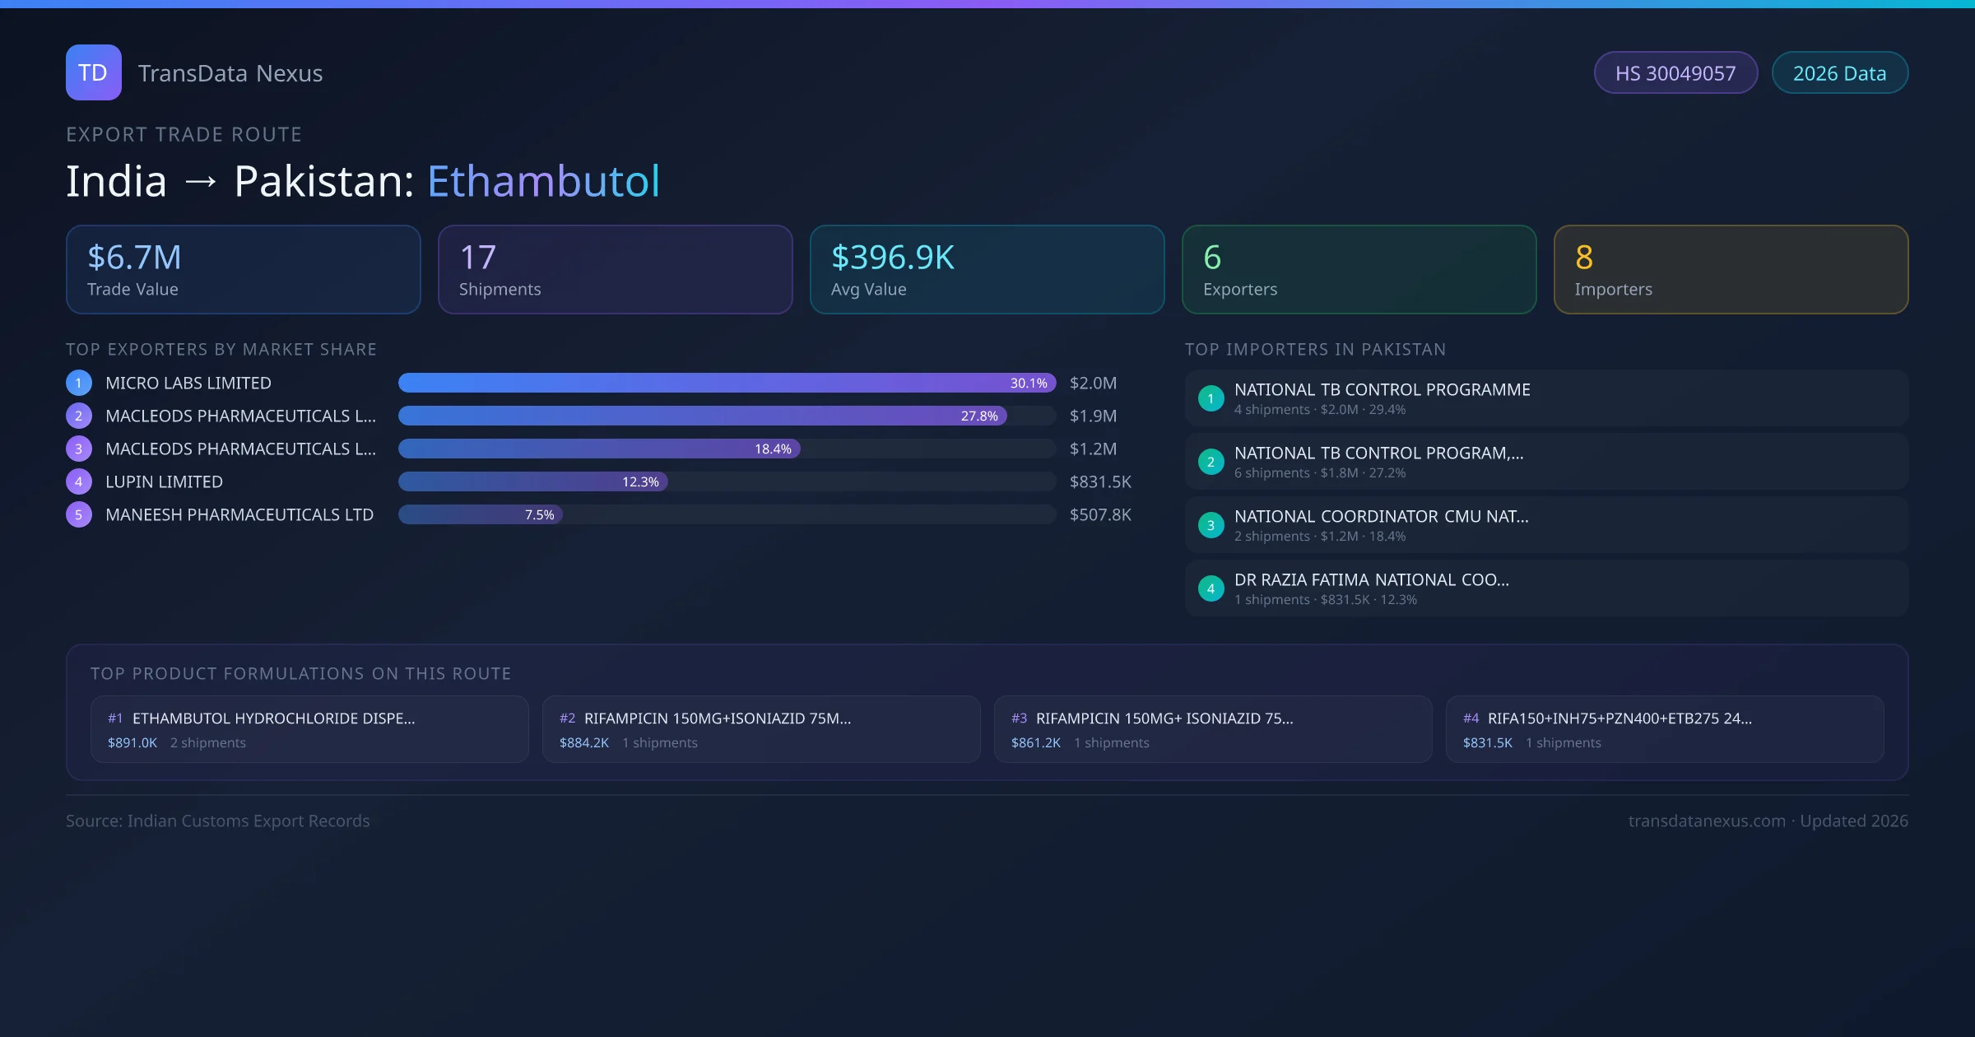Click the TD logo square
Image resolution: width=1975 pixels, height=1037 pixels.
pos(94,72)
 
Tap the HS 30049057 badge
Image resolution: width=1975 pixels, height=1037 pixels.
pos(1675,73)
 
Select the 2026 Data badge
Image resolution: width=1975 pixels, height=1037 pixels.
pos(1839,73)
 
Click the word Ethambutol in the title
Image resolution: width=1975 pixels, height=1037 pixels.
pos(543,181)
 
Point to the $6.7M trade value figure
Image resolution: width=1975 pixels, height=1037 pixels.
pos(134,258)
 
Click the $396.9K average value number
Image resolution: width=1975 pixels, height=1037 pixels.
pos(893,258)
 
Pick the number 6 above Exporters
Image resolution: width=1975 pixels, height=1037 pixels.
pos(1212,258)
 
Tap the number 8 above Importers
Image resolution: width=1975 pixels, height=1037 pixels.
pos(1584,258)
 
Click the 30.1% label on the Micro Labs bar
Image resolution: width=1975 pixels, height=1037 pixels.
pos(1029,383)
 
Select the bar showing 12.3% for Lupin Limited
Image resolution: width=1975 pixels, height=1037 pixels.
pos(533,481)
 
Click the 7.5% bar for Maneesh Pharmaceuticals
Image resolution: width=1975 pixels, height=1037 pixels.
pos(481,514)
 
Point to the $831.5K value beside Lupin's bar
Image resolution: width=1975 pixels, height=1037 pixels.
pos(1100,481)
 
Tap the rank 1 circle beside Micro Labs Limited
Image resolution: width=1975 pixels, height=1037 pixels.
pos(79,383)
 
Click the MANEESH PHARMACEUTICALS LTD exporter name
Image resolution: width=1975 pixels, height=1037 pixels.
pos(239,514)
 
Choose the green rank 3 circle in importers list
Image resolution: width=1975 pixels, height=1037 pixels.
pos(1211,525)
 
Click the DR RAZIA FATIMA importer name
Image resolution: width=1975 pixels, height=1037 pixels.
pos(1372,579)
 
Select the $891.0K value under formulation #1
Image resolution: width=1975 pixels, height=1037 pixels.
pos(132,742)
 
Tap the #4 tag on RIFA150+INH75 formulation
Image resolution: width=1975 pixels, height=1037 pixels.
pos(1471,718)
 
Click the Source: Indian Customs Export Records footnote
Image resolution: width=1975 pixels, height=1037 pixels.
pos(218,821)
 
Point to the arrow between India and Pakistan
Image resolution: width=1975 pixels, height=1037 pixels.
pos(201,181)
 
